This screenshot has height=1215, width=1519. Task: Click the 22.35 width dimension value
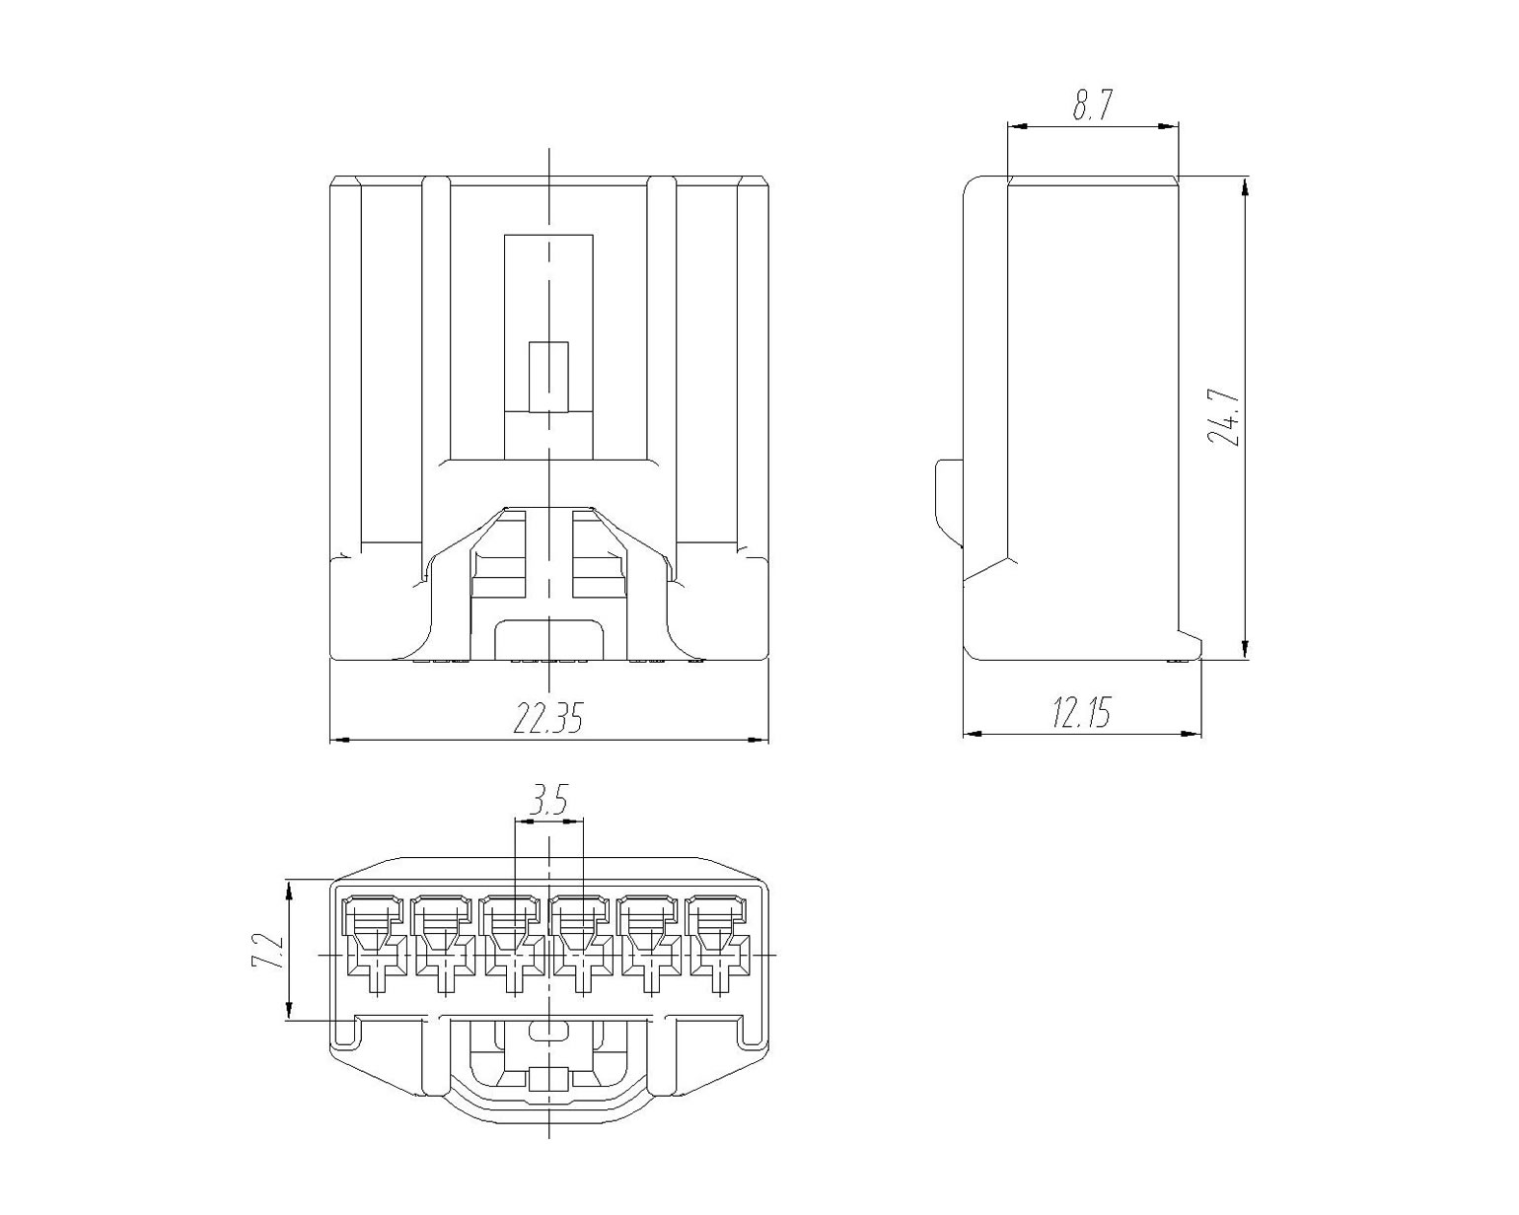[x=547, y=718]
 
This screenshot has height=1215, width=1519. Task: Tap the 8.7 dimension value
[x=1092, y=106]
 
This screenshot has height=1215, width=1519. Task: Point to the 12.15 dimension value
[x=1081, y=712]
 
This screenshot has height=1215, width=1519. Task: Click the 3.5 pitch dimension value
[x=549, y=803]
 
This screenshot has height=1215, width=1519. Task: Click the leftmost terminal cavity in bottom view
[x=375, y=946]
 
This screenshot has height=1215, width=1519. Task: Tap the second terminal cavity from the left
[x=444, y=946]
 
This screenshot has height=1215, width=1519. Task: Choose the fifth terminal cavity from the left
[x=652, y=946]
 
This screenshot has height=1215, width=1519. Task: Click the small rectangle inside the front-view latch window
[x=548, y=377]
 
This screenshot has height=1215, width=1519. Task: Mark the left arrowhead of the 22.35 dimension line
[x=340, y=740]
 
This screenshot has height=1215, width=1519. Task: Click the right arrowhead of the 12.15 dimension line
[x=1192, y=734]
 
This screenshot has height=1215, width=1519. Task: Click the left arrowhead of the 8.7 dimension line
[x=1017, y=127]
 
